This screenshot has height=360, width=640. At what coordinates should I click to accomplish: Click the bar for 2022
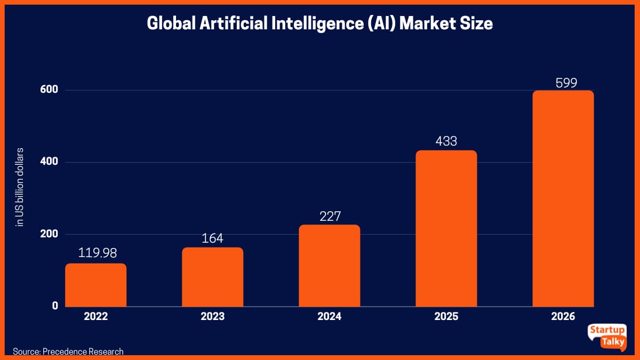(x=96, y=285)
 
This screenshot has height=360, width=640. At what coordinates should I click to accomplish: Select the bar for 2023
(x=212, y=277)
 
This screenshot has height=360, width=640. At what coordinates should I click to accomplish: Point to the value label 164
(x=212, y=237)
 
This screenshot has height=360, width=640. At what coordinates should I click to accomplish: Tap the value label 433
(x=446, y=141)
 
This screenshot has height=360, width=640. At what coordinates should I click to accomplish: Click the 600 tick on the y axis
(x=49, y=90)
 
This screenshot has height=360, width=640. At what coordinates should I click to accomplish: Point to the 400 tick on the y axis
(x=49, y=162)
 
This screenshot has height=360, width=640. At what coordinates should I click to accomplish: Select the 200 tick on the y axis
(x=49, y=234)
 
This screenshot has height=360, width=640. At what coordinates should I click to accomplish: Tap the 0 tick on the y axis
(x=54, y=306)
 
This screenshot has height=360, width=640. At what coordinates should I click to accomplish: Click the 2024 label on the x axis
(x=329, y=316)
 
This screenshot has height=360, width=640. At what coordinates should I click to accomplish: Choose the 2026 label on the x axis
(x=563, y=316)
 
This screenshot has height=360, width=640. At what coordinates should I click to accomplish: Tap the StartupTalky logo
(x=606, y=337)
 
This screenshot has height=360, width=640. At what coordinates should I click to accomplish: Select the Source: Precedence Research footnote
(x=68, y=351)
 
